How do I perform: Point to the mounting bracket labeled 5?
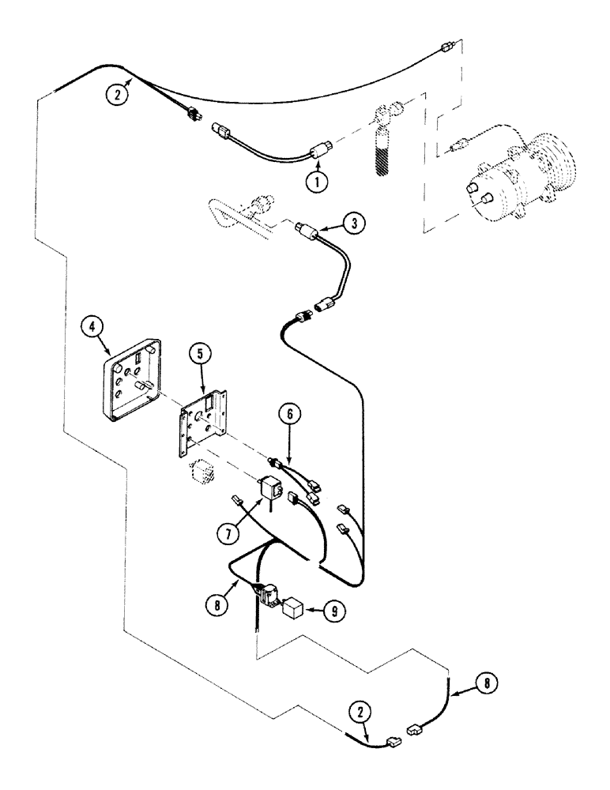click(x=204, y=419)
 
